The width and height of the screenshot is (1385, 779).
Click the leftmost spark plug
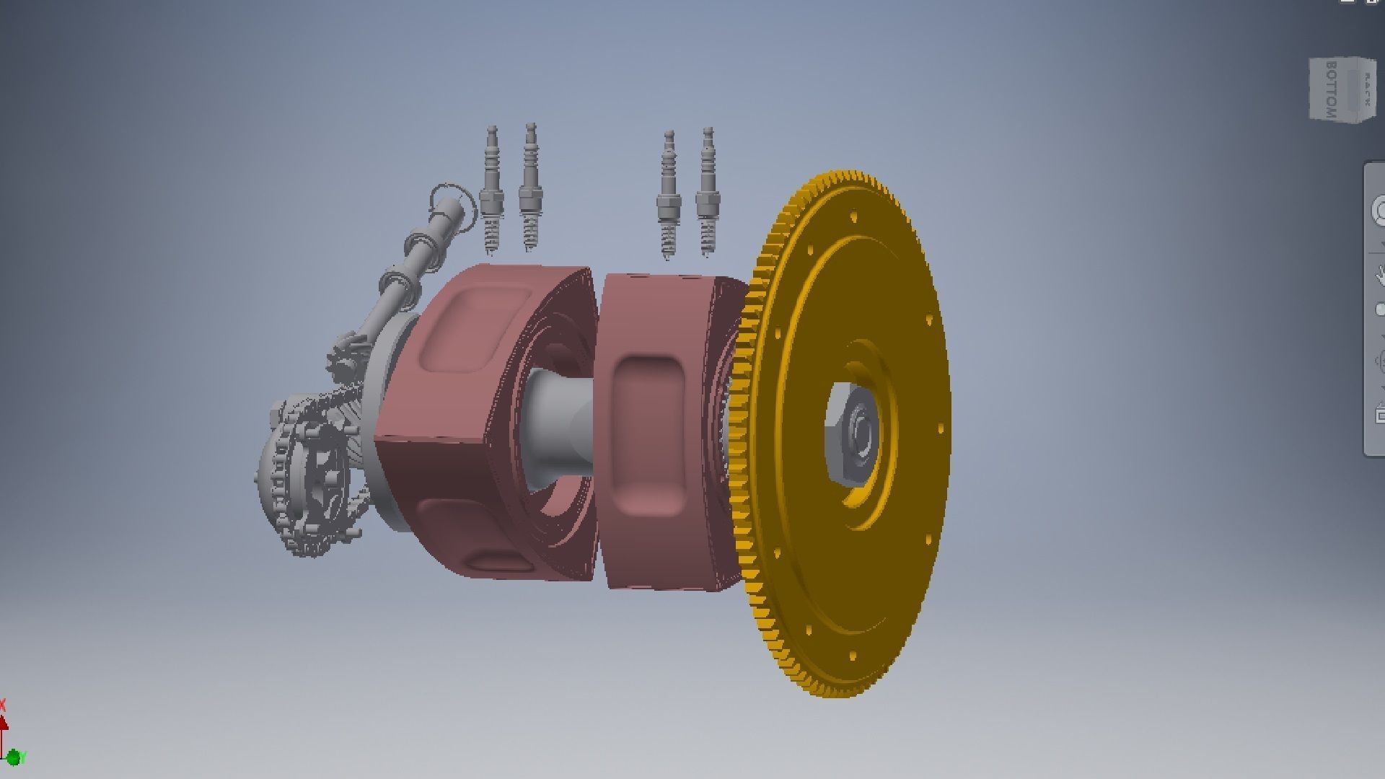(492, 191)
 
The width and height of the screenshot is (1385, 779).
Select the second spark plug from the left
(530, 189)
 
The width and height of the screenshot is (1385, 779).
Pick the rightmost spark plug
(708, 193)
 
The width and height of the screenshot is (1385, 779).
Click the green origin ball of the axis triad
(12, 757)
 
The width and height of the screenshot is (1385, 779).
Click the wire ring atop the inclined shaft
(453, 202)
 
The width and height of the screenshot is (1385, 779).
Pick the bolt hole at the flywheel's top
(853, 216)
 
